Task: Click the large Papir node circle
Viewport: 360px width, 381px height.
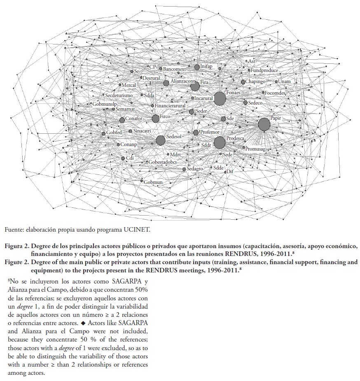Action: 264,124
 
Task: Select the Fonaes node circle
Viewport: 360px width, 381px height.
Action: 220,98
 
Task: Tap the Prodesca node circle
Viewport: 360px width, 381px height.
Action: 220,142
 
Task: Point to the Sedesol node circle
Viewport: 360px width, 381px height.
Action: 161,140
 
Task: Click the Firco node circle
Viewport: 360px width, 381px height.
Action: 155,118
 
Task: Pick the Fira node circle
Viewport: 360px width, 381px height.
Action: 195,86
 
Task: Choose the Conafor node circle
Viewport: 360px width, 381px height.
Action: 122,120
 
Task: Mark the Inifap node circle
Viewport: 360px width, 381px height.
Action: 197,67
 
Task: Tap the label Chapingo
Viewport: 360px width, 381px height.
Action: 257,82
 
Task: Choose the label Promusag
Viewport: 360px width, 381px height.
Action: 255,149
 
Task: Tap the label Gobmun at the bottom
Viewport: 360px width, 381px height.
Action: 153,182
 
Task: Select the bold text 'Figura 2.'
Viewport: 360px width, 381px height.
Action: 16,246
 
